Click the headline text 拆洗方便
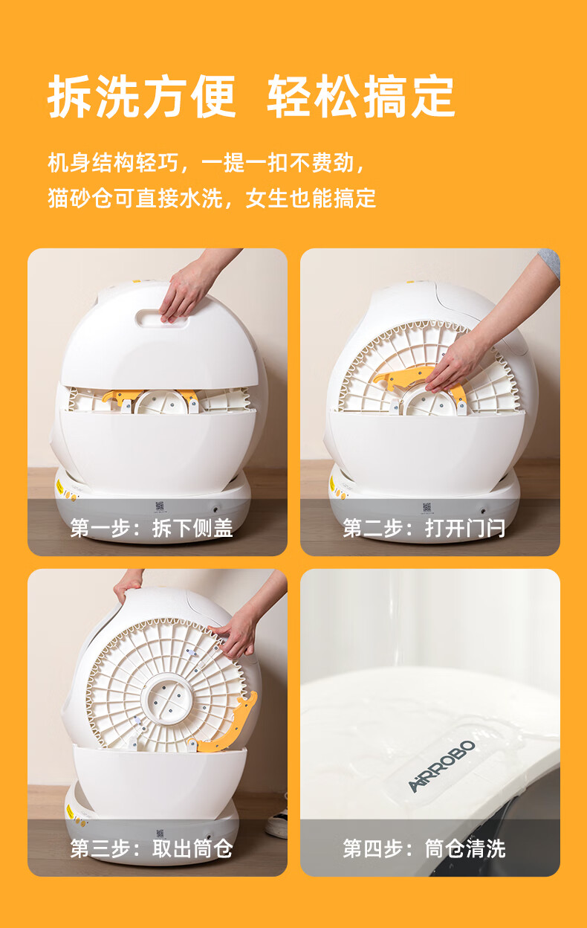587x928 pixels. point(142,97)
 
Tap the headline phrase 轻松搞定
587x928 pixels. point(361,97)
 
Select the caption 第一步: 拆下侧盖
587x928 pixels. point(152,528)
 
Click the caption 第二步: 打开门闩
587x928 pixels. point(424,528)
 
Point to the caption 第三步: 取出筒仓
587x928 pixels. point(152,849)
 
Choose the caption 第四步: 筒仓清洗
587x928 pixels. point(424,849)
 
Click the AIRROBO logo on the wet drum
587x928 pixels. point(441,767)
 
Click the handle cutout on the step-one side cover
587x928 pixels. point(161,319)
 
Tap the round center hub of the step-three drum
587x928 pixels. point(166,699)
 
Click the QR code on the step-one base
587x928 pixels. point(159,506)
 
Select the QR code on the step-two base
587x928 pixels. point(427,506)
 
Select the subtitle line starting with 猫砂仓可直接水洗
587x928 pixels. point(212,198)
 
